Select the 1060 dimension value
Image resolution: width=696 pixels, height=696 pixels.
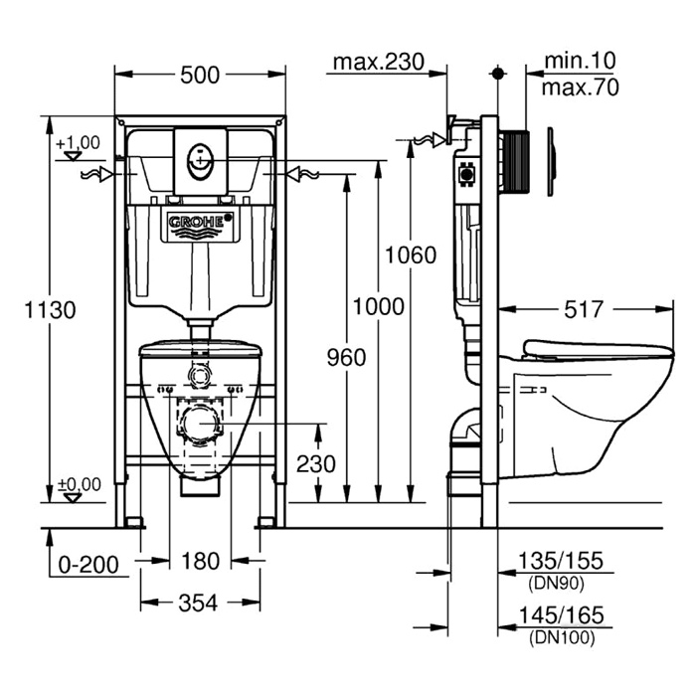tap(411, 255)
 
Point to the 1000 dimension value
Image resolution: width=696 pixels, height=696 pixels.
tap(379, 306)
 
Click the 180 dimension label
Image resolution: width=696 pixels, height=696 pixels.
tap(200, 563)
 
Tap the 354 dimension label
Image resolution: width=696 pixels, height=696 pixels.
tap(200, 603)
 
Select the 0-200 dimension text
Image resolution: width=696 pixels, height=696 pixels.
tap(87, 564)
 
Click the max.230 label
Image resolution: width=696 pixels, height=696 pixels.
tap(378, 63)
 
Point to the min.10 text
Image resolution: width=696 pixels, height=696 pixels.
tap(581, 62)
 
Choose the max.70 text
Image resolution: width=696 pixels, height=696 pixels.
tap(581, 87)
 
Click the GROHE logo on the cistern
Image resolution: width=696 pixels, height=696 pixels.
tap(200, 224)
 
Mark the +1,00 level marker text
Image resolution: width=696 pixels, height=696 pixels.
tap(79, 143)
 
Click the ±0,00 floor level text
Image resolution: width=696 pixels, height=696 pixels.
tap(80, 484)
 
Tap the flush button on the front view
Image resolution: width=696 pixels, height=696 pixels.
tap(200, 155)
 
